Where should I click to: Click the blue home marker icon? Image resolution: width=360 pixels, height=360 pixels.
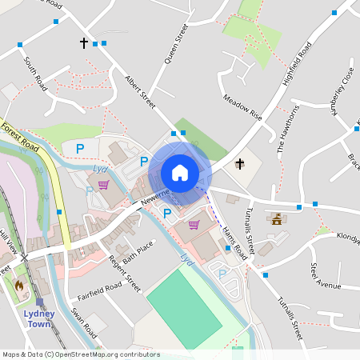pos(180,173)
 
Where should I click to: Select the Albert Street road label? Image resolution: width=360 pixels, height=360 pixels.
pos(138,87)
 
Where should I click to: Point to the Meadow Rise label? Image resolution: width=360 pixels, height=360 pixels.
pos(242,107)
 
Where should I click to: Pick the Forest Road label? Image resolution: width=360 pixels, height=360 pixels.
pos(20,137)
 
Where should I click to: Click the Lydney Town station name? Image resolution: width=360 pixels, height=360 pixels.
pos(38,319)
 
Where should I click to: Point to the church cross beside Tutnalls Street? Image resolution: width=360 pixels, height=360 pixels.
pos(239,164)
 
